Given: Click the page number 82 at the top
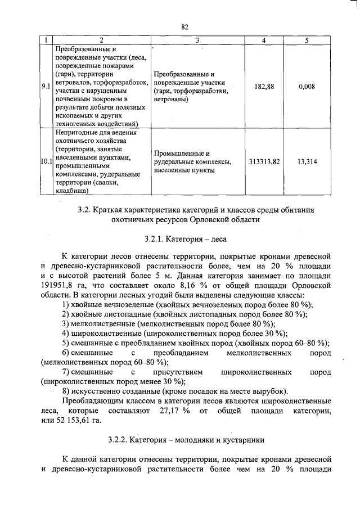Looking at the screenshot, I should coord(184,26).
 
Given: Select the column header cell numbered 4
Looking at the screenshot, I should coord(264,40).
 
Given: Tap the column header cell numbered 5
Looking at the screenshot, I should coord(307,40).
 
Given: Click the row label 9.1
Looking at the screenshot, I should coord(46,87).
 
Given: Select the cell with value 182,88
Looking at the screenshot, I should coord(264,87).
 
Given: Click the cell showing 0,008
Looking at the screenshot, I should coord(307,87).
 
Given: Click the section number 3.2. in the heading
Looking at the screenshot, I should coord(85,209).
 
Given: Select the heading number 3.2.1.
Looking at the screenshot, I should coord(155,238).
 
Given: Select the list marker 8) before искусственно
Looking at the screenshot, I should coord(66,391).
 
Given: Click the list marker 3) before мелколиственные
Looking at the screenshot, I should coord(66,323).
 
